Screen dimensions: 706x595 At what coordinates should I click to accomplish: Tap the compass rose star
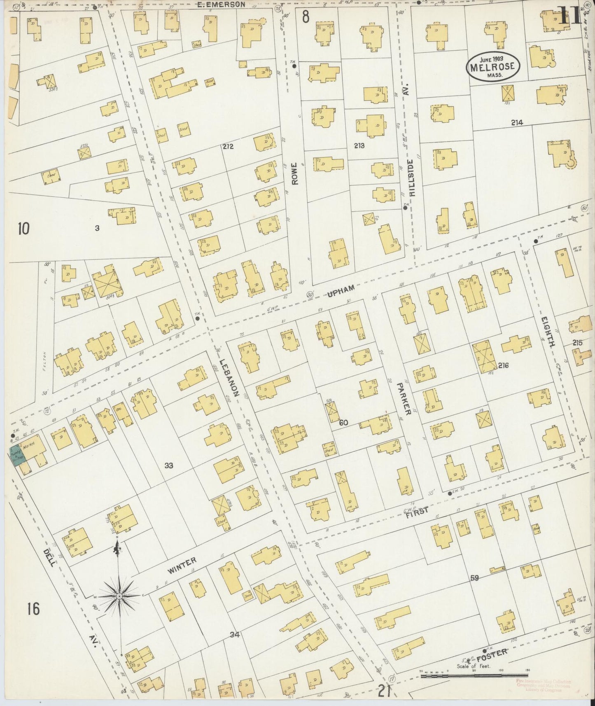coord(119,596)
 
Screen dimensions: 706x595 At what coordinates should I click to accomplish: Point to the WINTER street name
coord(182,565)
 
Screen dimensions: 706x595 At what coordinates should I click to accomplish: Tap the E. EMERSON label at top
coord(221,5)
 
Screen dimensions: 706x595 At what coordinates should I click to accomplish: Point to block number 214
coord(517,122)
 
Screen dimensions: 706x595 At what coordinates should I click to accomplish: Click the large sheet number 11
coord(570,16)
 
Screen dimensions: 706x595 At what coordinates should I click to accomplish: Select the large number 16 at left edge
coord(34,608)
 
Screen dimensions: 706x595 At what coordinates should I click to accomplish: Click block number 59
coord(474,578)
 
